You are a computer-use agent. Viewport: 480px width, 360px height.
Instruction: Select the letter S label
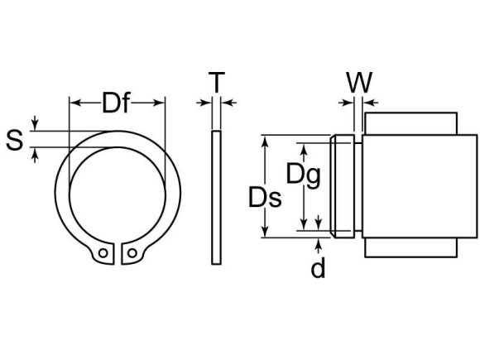14,140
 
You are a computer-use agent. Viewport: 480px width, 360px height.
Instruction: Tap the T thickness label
216,82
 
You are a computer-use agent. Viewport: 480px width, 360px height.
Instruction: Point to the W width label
358,82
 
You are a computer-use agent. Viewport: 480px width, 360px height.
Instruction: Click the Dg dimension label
303,174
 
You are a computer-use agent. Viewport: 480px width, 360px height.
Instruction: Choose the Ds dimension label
265,198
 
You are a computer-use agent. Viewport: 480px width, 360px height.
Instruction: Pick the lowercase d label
318,269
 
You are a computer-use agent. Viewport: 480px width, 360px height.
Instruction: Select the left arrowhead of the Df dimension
73,103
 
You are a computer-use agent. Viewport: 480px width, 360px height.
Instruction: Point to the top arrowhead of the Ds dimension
266,141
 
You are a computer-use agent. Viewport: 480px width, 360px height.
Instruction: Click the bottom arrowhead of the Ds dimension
266,233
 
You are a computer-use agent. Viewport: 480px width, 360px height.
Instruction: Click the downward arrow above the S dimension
34,125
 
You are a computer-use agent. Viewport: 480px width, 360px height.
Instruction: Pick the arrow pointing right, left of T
205,103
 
